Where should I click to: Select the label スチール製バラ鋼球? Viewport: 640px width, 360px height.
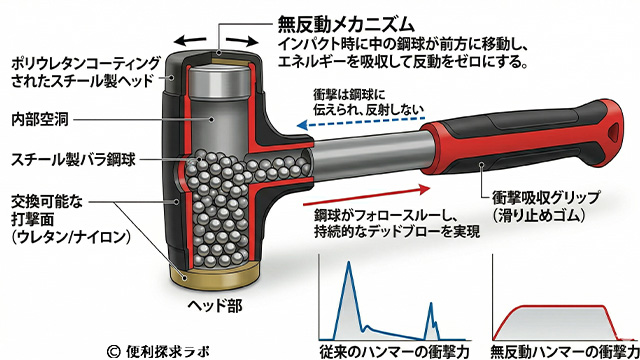pyautogui.click(x=63, y=158)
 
